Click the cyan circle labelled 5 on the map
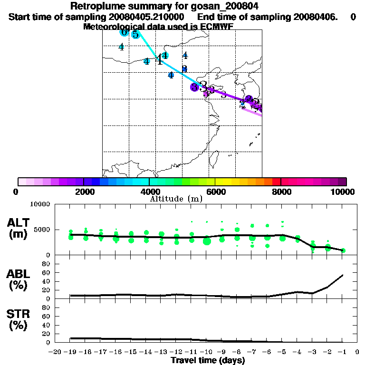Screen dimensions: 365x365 point(135,34)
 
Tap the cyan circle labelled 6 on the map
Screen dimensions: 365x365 point(124,32)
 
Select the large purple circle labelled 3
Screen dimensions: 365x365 point(194,87)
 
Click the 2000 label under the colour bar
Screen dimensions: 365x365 point(84,192)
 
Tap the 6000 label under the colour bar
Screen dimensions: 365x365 point(215,192)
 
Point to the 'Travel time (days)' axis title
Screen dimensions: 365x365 point(208,360)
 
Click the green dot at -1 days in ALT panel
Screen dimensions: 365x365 point(343,250)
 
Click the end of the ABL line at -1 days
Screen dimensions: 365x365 point(343,275)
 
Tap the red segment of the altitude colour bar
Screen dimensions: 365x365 point(277,182)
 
